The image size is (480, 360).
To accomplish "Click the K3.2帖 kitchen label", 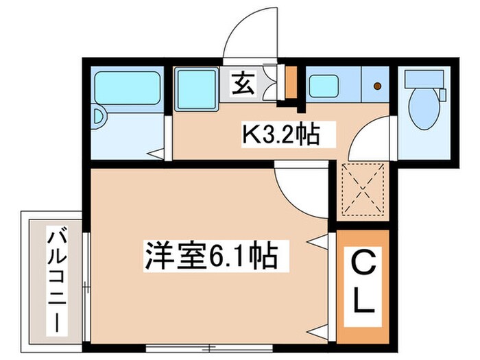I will coord(279,134).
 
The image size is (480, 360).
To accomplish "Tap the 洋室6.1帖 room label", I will coord(211,255).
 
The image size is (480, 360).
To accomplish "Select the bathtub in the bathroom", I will coord(127,86).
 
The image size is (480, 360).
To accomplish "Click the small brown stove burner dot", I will coord(376,86).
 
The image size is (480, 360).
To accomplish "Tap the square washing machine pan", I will coord(196,88).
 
